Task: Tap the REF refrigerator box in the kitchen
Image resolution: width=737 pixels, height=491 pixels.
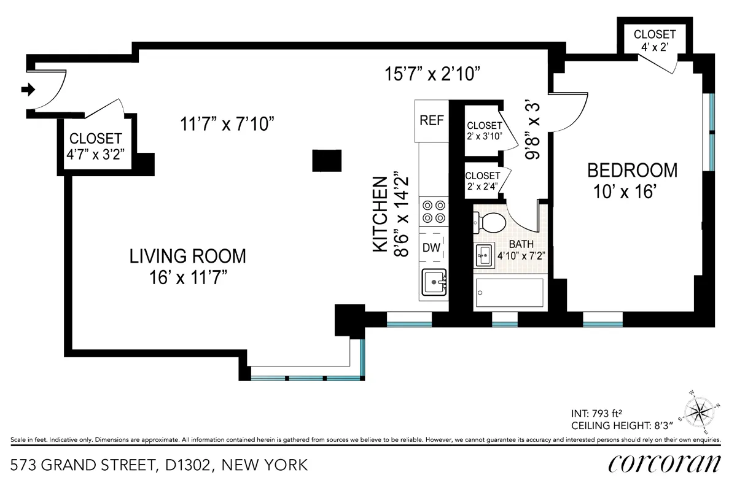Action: click(x=431, y=120)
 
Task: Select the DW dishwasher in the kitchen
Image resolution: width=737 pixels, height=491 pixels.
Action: click(x=431, y=248)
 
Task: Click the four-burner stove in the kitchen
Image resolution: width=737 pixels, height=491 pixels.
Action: click(x=433, y=212)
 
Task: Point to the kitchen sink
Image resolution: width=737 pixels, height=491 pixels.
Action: click(x=434, y=283)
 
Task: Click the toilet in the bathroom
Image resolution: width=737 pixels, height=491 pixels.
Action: click(x=491, y=222)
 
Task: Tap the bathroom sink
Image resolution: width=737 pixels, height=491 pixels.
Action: click(x=483, y=253)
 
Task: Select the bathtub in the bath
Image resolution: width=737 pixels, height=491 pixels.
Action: click(x=509, y=293)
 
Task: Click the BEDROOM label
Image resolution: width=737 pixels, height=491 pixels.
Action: click(x=633, y=170)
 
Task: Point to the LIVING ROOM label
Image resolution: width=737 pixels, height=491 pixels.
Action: click(x=187, y=256)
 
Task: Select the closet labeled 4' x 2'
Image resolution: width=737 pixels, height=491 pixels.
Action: click(x=655, y=39)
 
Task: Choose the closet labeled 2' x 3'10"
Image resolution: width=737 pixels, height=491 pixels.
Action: click(x=484, y=131)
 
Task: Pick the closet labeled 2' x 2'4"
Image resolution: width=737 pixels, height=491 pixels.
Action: click(x=484, y=181)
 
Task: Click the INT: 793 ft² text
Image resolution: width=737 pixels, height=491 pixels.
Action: click(x=600, y=413)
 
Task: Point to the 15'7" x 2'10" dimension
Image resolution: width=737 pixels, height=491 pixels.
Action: click(x=432, y=74)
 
